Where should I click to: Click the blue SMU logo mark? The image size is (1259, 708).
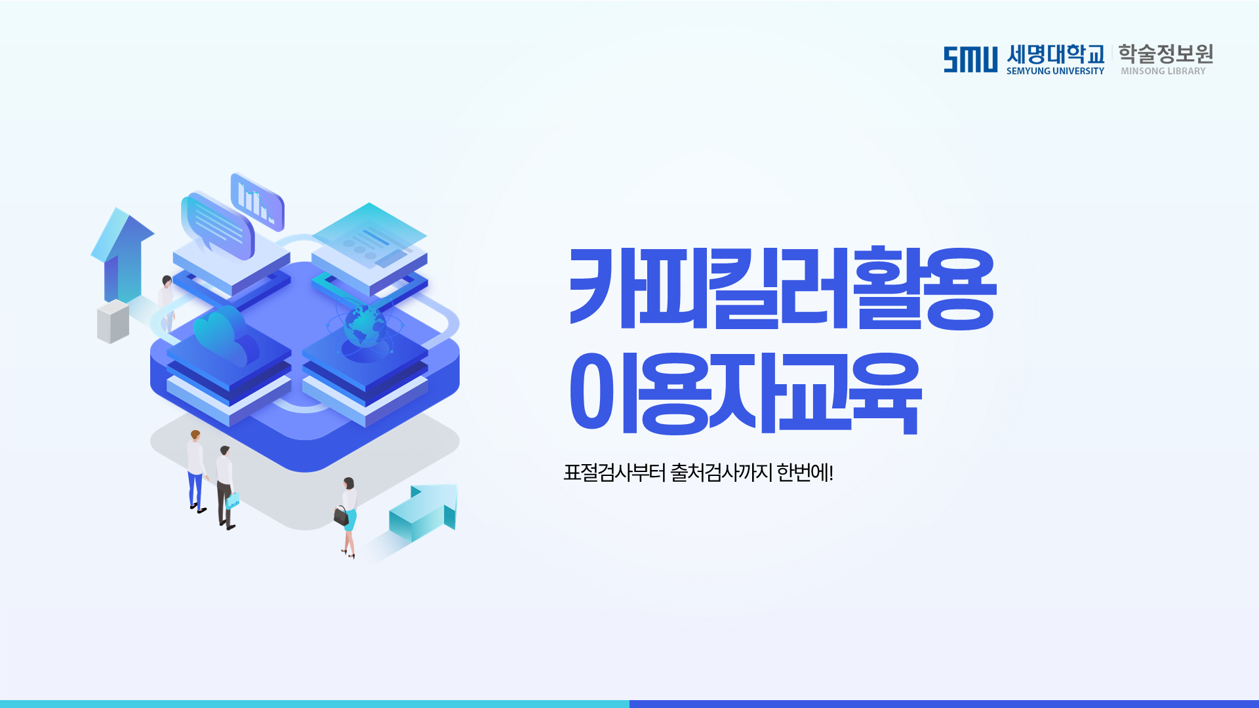tap(970, 60)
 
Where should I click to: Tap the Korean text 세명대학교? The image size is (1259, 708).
tap(1056, 54)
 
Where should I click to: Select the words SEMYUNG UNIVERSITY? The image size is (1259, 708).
tap(1055, 71)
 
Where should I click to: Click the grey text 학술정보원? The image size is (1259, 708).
tap(1165, 54)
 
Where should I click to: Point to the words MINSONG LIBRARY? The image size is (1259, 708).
tap(1163, 71)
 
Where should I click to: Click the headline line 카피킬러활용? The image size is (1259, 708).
tap(783, 288)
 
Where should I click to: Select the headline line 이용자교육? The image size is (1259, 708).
tap(746, 393)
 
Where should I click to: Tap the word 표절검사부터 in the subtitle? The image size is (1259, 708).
tap(614, 472)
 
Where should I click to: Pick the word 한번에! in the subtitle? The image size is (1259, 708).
tap(805, 472)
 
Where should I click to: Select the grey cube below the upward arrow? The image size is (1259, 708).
tap(113, 322)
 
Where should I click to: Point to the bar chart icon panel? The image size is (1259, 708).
tap(257, 202)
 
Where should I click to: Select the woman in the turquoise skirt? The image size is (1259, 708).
tap(348, 517)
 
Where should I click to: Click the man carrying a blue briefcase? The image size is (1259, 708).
tap(227, 488)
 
